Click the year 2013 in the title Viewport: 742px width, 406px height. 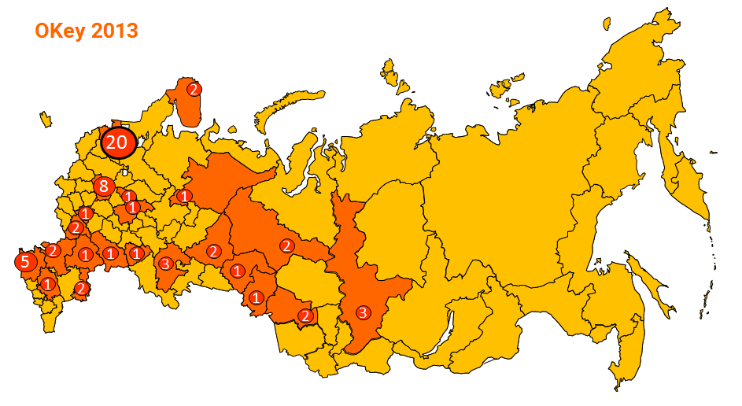click(x=115, y=31)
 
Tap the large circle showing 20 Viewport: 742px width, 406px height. click(x=116, y=142)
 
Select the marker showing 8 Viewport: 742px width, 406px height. click(x=102, y=186)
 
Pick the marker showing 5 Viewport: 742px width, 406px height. click(x=25, y=262)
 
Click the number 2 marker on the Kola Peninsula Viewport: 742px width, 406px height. click(x=193, y=89)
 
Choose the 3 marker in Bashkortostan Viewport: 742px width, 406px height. click(x=165, y=263)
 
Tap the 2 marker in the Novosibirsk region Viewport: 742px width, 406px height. click(x=305, y=316)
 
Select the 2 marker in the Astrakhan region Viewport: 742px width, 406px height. click(x=81, y=288)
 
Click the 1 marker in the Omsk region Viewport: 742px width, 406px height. click(x=255, y=297)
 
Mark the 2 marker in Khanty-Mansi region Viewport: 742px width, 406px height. click(x=287, y=245)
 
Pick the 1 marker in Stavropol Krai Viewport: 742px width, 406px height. click(x=48, y=284)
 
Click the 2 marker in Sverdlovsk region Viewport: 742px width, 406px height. click(x=213, y=251)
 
